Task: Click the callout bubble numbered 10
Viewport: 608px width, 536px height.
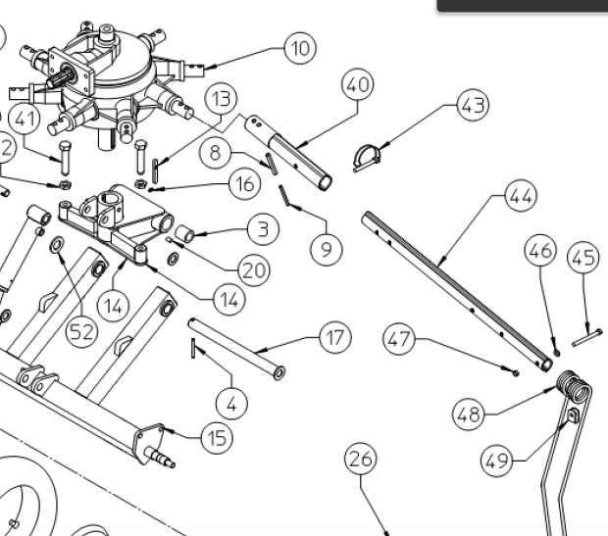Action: (300, 47)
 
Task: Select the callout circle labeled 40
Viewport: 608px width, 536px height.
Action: (357, 86)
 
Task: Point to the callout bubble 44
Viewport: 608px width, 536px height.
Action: (521, 197)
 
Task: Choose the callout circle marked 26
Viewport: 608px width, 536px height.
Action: (360, 459)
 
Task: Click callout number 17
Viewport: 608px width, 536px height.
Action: (335, 339)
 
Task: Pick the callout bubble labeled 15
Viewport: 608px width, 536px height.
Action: (217, 437)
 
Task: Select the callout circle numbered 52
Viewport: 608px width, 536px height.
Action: (82, 331)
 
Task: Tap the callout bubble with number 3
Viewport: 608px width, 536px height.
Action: (263, 230)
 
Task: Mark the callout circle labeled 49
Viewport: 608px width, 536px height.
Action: (496, 458)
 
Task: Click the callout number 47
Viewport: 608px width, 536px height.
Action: (399, 341)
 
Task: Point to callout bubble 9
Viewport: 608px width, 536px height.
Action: (327, 249)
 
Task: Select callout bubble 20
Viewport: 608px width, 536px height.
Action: (254, 270)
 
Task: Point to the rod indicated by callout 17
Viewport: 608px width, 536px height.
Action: (235, 348)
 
